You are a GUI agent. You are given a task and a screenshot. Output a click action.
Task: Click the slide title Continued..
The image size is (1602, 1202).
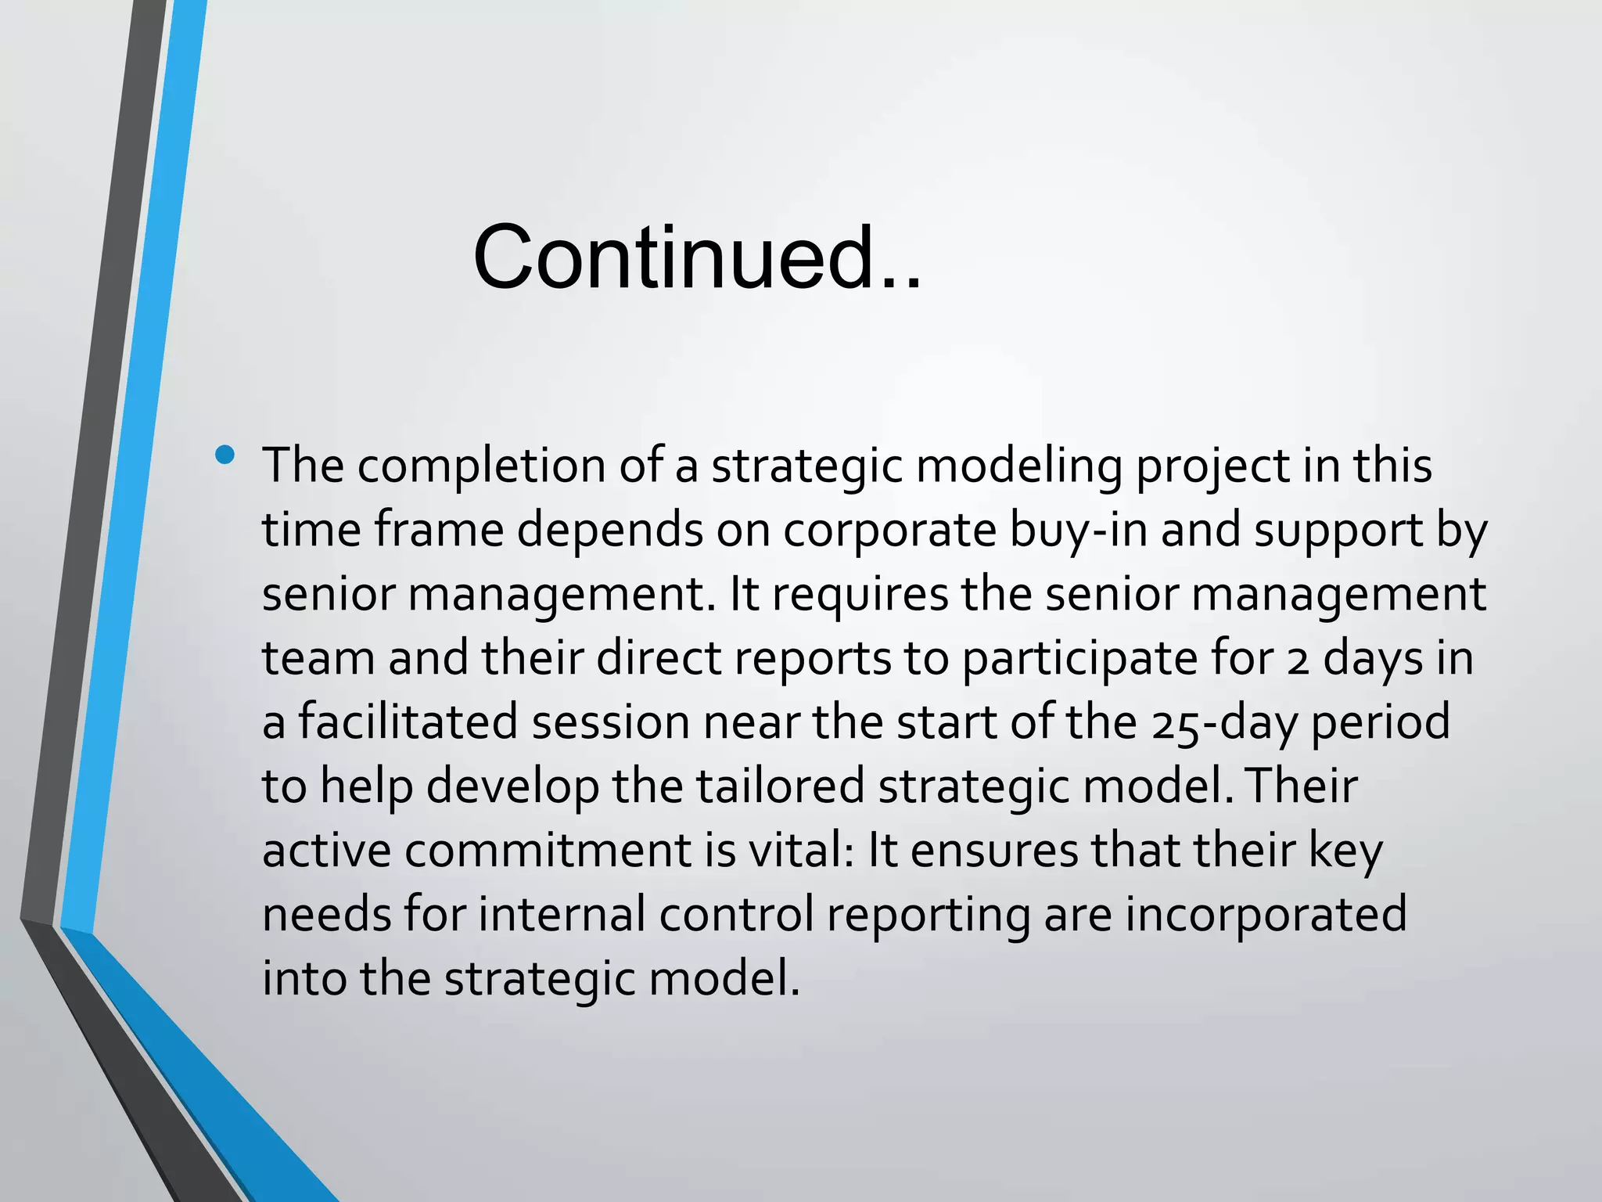pyautogui.click(x=696, y=258)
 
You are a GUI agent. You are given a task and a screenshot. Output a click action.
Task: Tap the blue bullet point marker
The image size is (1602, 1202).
pyautogui.click(x=225, y=455)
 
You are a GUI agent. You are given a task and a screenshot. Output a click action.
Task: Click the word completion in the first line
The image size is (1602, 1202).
pyautogui.click(x=481, y=466)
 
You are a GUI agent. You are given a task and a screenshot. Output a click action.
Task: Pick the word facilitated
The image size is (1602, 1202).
pyautogui.click(x=408, y=722)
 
